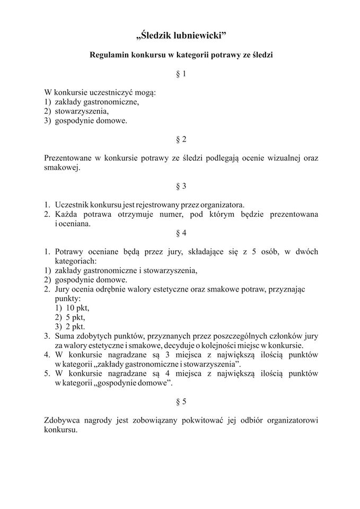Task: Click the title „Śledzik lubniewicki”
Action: (181, 36)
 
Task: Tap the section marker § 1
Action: (181, 74)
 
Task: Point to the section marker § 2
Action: (181, 139)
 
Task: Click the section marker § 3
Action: (181, 186)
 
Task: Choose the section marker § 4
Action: (181, 233)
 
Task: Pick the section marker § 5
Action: (181, 401)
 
